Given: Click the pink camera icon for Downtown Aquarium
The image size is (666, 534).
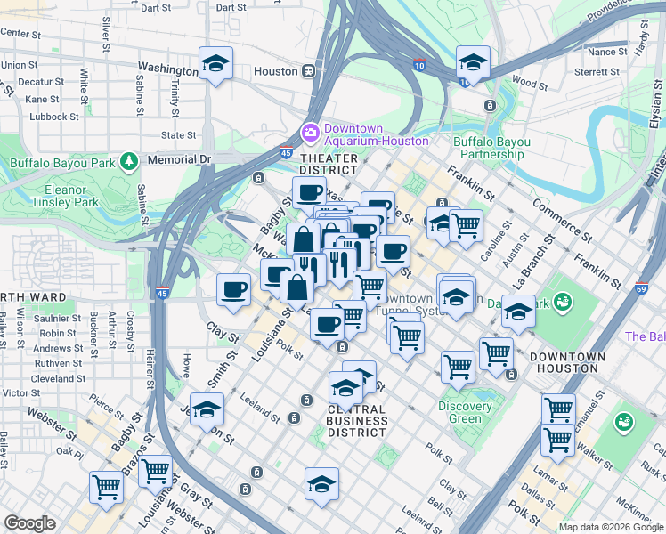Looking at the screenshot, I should point(311,132).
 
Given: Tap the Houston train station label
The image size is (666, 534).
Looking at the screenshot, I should point(274,70).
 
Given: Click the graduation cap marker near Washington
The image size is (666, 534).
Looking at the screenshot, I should point(215,64).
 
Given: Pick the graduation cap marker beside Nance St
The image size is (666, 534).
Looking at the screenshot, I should point(473,63).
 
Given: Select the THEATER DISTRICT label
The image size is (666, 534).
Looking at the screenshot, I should point(329,164).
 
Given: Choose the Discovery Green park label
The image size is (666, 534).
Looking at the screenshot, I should point(465,413).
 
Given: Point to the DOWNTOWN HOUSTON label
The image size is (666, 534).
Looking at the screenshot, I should point(567,356).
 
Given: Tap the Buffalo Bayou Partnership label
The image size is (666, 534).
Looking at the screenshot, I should point(491,148).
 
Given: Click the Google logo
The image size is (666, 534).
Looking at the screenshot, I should point(30,523).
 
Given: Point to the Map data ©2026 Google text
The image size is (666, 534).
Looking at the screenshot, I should point(610,527).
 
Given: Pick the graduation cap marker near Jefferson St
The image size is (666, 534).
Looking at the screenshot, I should point(207,410).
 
